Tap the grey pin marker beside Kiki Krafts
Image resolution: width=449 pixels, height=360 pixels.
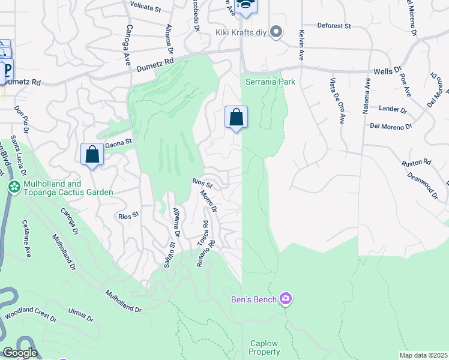pyautogui.click(x=276, y=32)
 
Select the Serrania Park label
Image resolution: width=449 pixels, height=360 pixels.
pyautogui.click(x=265, y=82)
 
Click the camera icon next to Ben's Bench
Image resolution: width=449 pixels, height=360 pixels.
pyautogui.click(x=286, y=299)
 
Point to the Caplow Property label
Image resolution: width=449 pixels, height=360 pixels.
pyautogui.click(x=265, y=348)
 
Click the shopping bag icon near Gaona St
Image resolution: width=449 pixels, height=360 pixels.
pyautogui.click(x=92, y=154)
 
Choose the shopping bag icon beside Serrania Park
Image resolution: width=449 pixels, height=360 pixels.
pyautogui.click(x=237, y=116)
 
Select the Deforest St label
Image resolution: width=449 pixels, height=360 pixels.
pyautogui.click(x=334, y=26)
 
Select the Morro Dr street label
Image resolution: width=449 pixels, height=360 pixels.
pyautogui.click(x=208, y=202)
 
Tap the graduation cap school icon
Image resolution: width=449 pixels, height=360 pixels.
pyautogui.click(x=245, y=6)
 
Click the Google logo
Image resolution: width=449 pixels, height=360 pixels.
pyautogui.click(x=19, y=353)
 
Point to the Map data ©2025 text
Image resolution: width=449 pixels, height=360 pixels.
pyautogui.click(x=423, y=355)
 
